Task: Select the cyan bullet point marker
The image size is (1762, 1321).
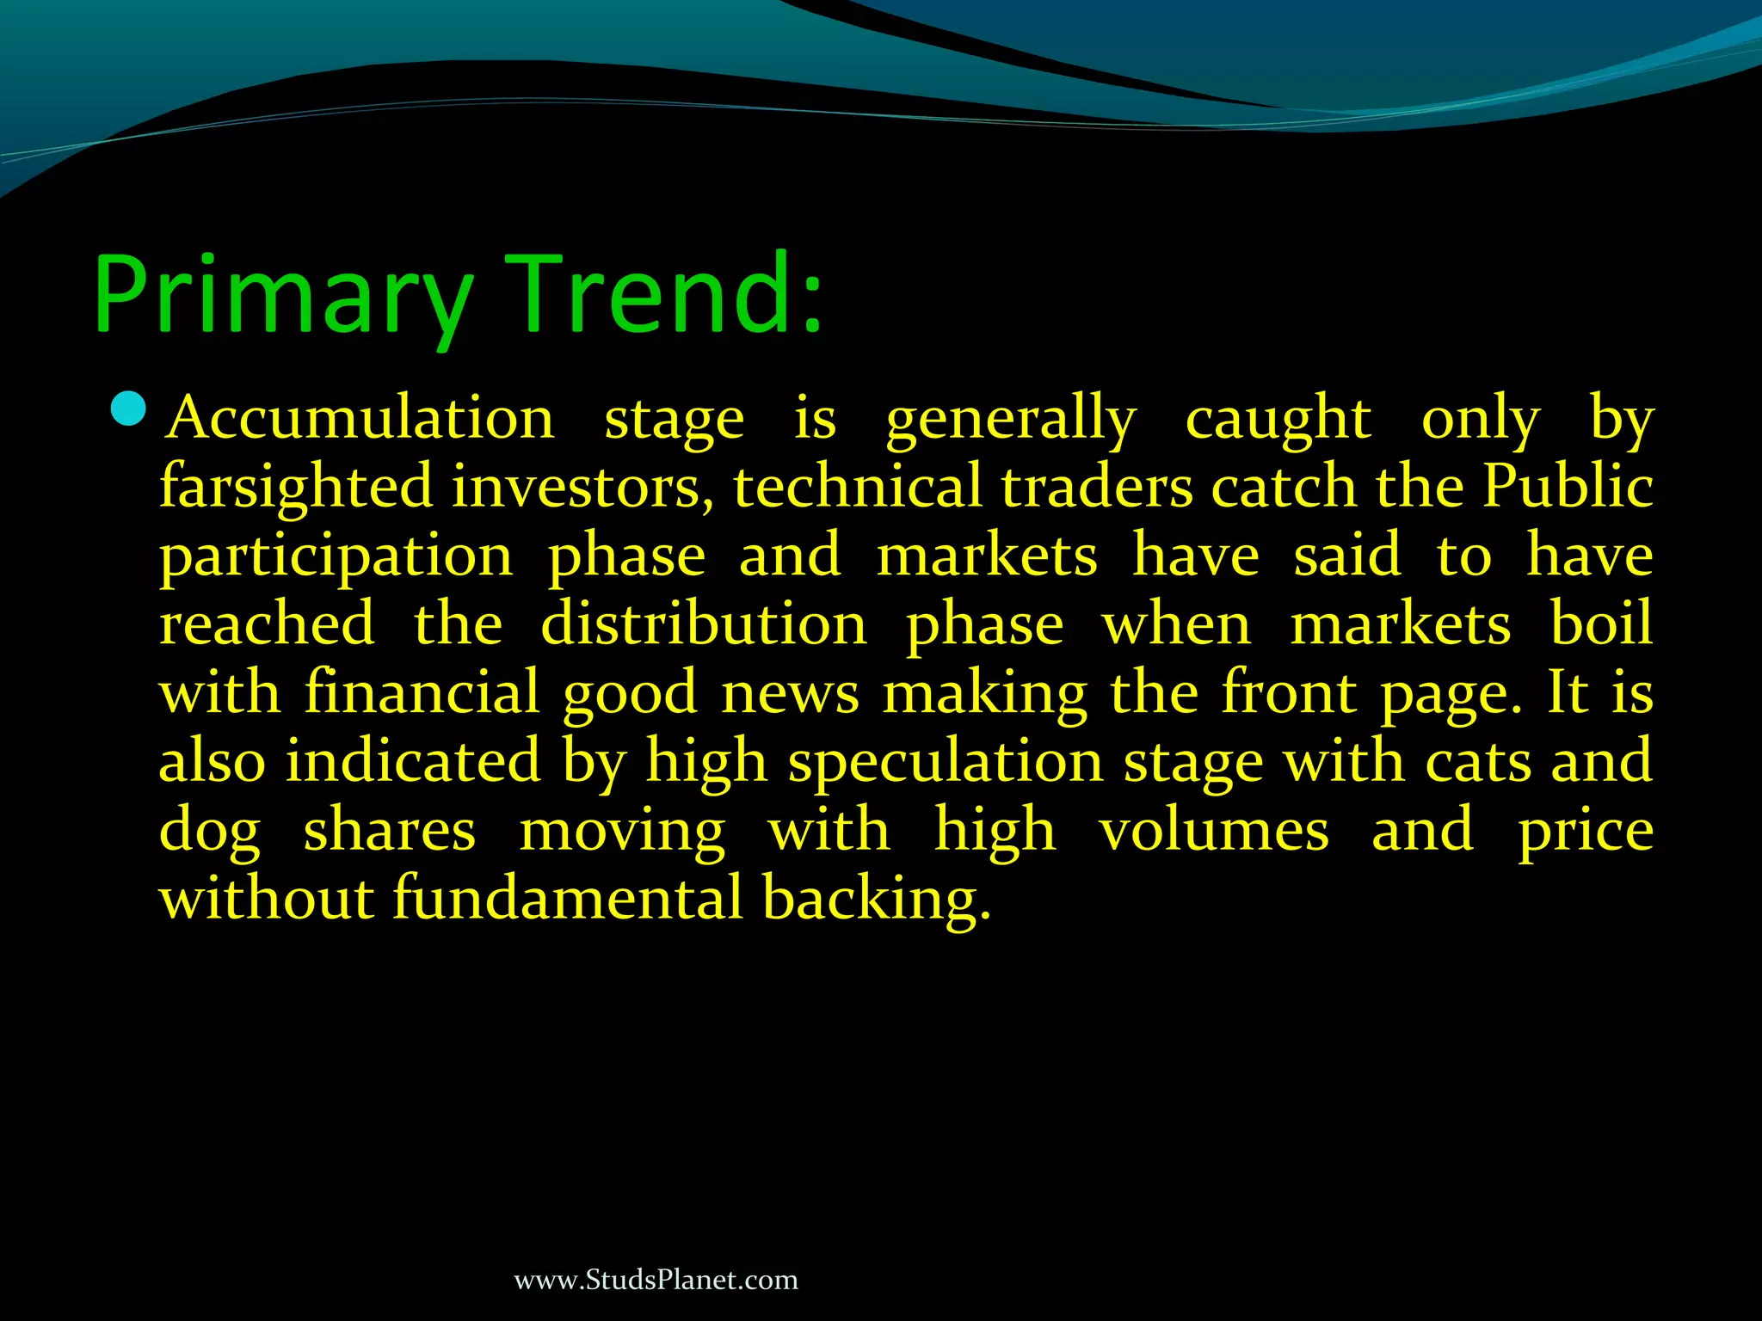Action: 130,409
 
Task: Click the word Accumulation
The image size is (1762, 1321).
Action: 361,419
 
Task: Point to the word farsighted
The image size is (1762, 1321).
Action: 296,488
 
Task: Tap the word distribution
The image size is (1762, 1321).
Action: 704,624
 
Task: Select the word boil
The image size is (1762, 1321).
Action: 1601,624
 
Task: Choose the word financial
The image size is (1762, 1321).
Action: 422,692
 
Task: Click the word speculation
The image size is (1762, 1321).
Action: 946,763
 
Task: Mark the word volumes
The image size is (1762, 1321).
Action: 1214,831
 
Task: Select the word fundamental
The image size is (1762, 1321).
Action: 567,899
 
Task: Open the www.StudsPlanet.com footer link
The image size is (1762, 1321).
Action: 656,1280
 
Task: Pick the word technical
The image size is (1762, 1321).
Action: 857,487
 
